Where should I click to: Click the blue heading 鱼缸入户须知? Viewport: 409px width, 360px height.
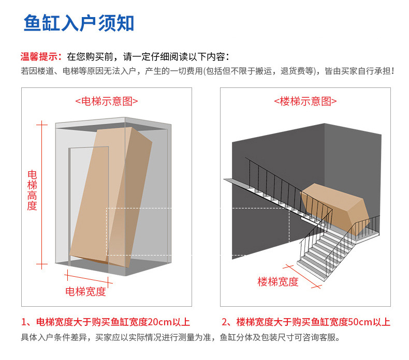pyautogui.click(x=79, y=23)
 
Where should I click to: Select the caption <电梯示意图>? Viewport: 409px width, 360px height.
pyautogui.click(x=106, y=101)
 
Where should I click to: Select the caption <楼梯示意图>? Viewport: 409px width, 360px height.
pyautogui.click(x=305, y=101)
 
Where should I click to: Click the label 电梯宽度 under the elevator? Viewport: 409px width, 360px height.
pyautogui.click(x=85, y=291)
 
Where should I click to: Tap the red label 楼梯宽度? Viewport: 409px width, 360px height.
pyautogui.click(x=278, y=282)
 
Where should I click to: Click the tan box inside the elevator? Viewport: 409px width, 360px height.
pyautogui.click(x=111, y=197)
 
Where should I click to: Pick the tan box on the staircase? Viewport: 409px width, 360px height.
pyautogui.click(x=334, y=204)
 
